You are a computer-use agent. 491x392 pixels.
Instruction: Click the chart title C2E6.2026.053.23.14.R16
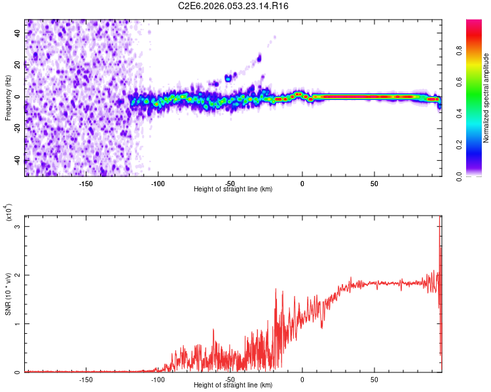click(x=234, y=6)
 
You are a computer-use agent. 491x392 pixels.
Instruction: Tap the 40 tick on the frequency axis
click(x=18, y=33)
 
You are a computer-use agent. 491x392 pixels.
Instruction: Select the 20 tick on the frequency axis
click(x=18, y=65)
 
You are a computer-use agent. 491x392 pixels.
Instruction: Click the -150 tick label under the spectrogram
click(x=85, y=184)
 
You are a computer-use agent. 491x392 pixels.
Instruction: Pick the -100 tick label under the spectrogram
click(x=157, y=184)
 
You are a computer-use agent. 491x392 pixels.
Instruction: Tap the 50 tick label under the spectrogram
click(x=374, y=184)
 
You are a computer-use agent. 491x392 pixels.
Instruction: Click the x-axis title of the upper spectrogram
click(x=233, y=189)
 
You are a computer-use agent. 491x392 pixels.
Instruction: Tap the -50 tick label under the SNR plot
click(x=229, y=380)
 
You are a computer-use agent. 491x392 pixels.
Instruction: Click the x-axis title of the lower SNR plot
click(x=233, y=385)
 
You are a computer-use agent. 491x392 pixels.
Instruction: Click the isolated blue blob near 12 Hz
click(x=228, y=78)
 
